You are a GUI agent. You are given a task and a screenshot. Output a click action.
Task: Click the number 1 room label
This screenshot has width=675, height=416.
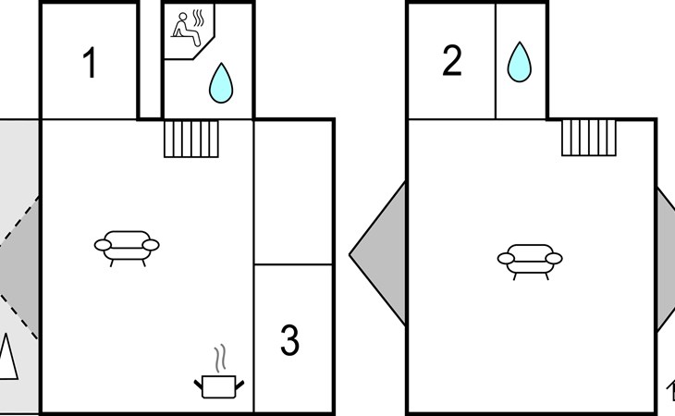90,65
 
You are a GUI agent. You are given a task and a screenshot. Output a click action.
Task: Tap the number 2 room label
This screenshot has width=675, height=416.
451,61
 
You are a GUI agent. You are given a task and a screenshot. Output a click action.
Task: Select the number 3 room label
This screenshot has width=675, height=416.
289,341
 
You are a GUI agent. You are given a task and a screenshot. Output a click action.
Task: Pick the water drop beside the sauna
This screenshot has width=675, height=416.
220,82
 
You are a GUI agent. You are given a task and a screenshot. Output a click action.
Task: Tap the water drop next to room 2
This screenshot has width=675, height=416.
521,61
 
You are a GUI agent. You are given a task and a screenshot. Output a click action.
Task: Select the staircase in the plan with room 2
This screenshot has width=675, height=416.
590,139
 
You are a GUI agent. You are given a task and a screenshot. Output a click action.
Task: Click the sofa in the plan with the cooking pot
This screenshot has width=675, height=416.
127,245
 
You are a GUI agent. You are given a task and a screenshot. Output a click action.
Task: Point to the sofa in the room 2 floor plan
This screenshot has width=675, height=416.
530,260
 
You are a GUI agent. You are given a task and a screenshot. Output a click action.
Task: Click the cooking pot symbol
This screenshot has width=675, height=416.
219,385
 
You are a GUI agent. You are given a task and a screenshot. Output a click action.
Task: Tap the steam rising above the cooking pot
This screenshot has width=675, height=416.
219,358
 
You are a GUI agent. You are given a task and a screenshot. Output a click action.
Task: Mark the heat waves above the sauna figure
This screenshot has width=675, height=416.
198,18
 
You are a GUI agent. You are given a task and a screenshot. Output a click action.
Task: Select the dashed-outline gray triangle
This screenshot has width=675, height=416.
18,266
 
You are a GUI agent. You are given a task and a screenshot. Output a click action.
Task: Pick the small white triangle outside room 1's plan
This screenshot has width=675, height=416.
7,357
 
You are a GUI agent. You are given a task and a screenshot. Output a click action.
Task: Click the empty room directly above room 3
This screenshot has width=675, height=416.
293,191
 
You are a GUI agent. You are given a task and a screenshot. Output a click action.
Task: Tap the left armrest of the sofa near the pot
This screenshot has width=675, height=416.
101,245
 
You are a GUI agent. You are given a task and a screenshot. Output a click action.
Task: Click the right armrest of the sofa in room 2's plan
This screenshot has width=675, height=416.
555,259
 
